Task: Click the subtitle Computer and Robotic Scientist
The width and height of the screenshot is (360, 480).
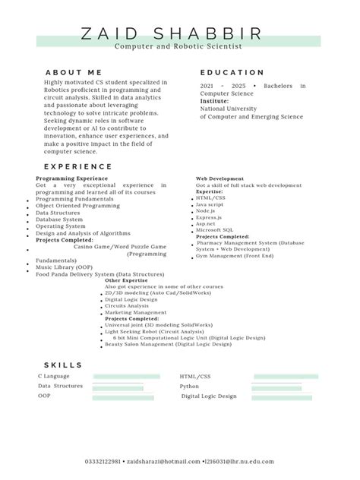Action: (x=178, y=46)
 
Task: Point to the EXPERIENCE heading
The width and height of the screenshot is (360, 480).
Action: (x=78, y=166)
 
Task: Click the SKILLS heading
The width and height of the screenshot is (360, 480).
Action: (x=63, y=365)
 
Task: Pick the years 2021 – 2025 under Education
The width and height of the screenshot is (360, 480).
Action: (x=223, y=86)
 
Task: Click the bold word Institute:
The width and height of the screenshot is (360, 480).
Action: (x=214, y=101)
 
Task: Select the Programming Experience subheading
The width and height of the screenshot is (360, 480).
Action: (x=71, y=178)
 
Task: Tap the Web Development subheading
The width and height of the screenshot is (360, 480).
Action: (x=220, y=178)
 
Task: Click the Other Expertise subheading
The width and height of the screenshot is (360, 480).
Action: (x=126, y=279)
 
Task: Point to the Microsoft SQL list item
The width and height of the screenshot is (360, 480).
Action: (x=214, y=229)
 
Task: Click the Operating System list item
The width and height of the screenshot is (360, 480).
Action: (x=61, y=226)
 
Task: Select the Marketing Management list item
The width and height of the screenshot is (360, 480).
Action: (x=136, y=312)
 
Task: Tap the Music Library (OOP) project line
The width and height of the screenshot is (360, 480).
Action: (x=64, y=267)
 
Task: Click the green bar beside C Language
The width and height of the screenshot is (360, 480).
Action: (x=126, y=376)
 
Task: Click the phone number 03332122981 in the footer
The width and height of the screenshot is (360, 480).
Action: (x=103, y=461)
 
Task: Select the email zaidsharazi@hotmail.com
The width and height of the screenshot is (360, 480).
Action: (x=163, y=461)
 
